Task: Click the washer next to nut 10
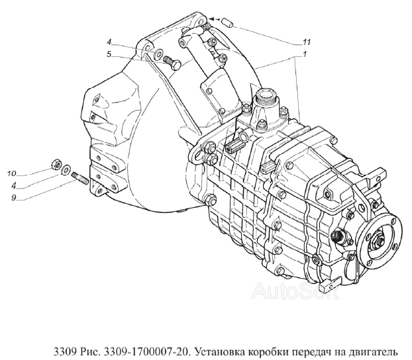pyautogui.click(x=65, y=171)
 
